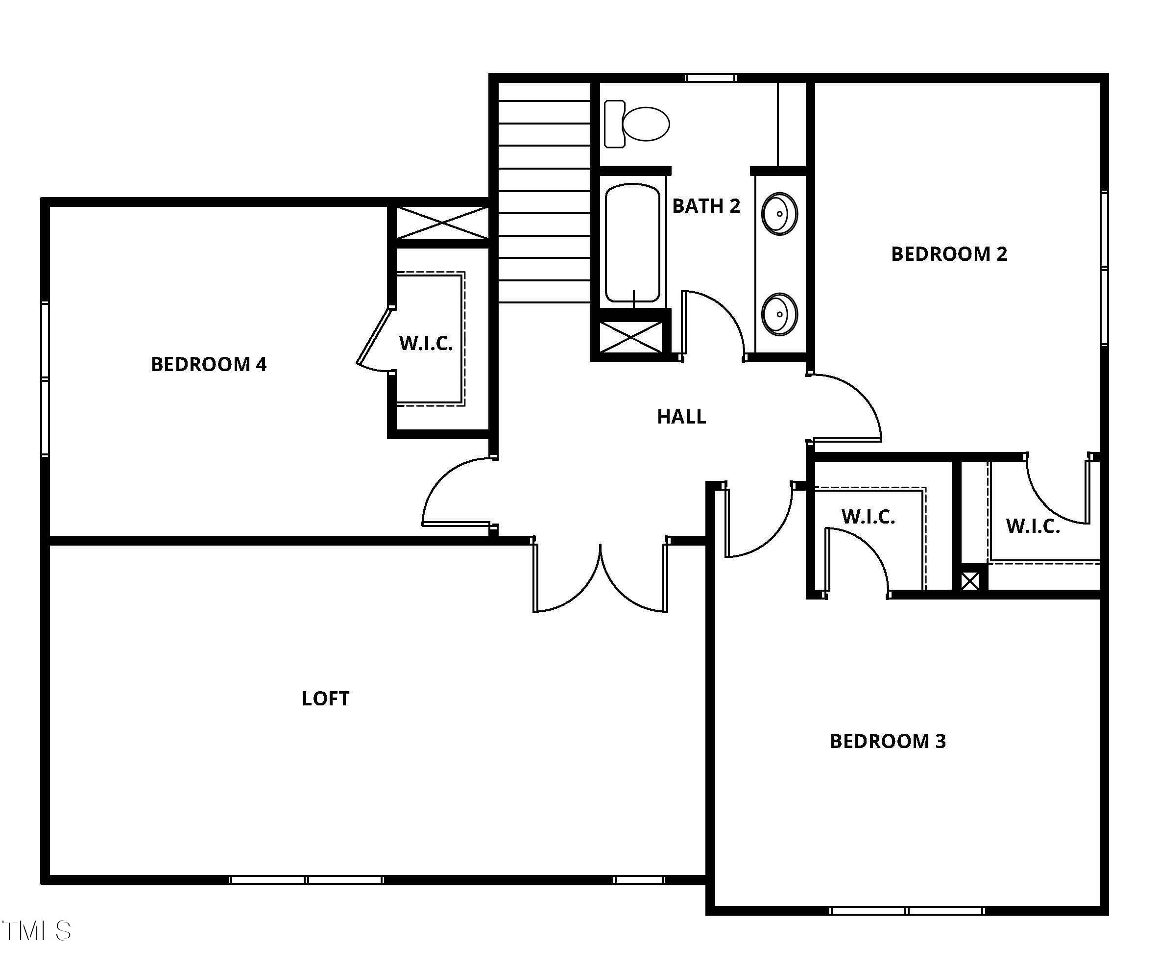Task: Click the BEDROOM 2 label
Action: point(948,254)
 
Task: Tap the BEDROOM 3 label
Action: point(887,741)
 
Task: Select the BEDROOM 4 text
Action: point(208,364)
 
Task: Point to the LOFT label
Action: point(325,699)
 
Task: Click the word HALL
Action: point(681,417)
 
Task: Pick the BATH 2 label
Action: point(705,206)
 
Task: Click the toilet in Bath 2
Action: point(636,124)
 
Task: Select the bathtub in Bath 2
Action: point(632,243)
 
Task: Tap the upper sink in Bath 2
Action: point(779,213)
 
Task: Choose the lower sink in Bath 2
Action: point(779,314)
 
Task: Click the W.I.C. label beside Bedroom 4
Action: point(425,343)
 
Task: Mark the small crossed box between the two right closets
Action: point(969,581)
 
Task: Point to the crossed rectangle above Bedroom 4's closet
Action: point(442,223)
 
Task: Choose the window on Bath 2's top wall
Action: point(710,78)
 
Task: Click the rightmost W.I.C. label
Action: point(1033,526)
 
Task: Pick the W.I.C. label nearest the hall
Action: point(868,517)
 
